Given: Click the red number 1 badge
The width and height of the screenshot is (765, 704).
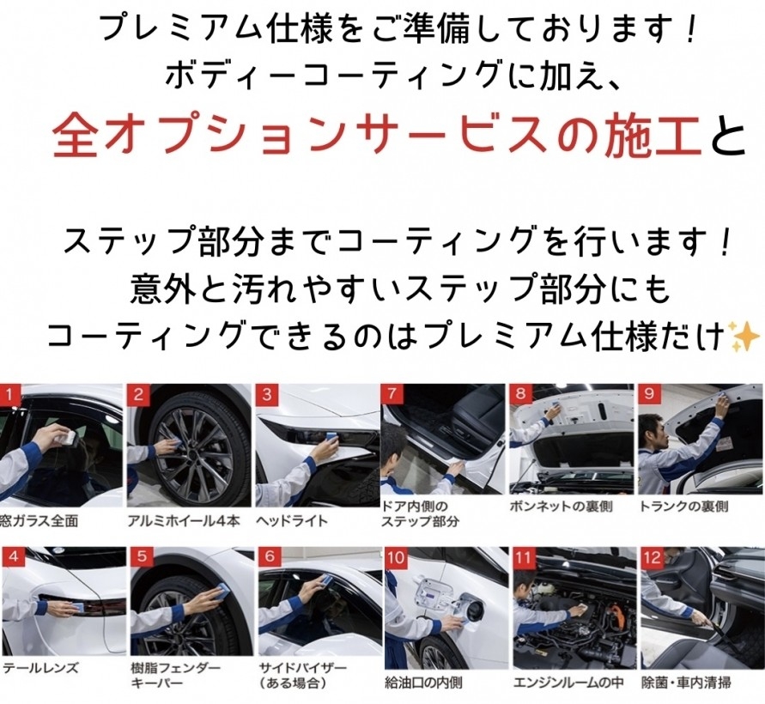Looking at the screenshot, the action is pos(10,394).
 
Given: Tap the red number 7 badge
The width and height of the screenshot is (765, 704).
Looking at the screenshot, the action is pos(392,394).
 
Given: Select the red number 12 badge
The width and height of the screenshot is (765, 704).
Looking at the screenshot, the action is pos(652,557).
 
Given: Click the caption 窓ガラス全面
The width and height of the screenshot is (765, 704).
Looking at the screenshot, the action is pos(39,521).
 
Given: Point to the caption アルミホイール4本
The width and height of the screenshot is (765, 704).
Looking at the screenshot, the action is pos(184,521).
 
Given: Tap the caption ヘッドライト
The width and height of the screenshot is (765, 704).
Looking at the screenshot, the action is pos(292,521).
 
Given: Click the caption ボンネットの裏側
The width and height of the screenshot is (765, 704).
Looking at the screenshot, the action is pos(561,507).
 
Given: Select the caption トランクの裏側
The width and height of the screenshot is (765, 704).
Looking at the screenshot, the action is pos(684,507).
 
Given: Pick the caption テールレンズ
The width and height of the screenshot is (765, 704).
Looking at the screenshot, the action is pos(40,668).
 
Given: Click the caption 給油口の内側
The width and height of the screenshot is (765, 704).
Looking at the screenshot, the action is pos(423,683).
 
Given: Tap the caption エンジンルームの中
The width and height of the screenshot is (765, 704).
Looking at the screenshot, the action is pos(568,683).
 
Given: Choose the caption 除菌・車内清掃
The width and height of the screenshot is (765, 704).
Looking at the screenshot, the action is pos(686,683).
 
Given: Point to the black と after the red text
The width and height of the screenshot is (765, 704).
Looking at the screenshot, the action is pos(728,134).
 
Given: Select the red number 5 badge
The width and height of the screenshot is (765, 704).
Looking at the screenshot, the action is pos(141,557).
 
